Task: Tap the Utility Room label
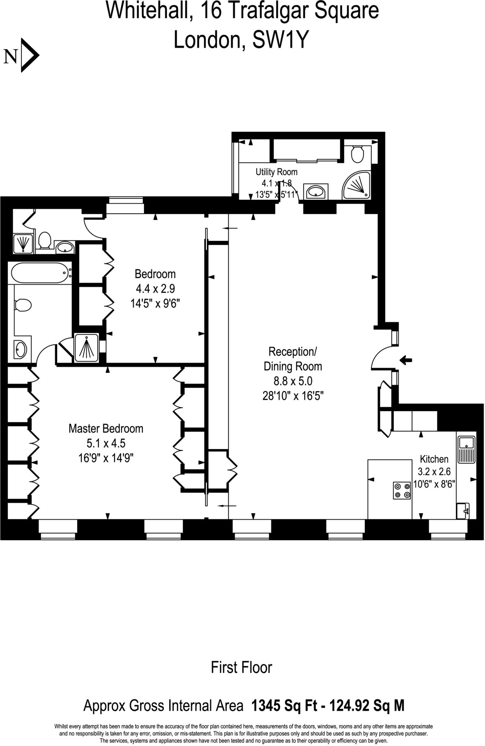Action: [x=276, y=172]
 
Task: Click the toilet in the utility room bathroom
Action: [x=357, y=154]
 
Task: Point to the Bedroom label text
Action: [x=155, y=274]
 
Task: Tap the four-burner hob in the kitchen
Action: [x=402, y=490]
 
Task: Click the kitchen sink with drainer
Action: [x=466, y=449]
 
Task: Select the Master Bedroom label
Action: [x=106, y=428]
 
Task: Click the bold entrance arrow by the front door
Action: [x=406, y=361]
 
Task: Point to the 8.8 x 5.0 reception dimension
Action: [x=293, y=381]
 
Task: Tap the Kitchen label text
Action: [x=434, y=459]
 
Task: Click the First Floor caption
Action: [x=242, y=667]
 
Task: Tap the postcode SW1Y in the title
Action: [x=280, y=40]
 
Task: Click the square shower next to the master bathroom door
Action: [x=86, y=348]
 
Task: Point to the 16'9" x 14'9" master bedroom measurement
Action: [x=106, y=458]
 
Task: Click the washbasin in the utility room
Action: [x=316, y=192]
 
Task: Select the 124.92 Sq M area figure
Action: [x=367, y=706]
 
